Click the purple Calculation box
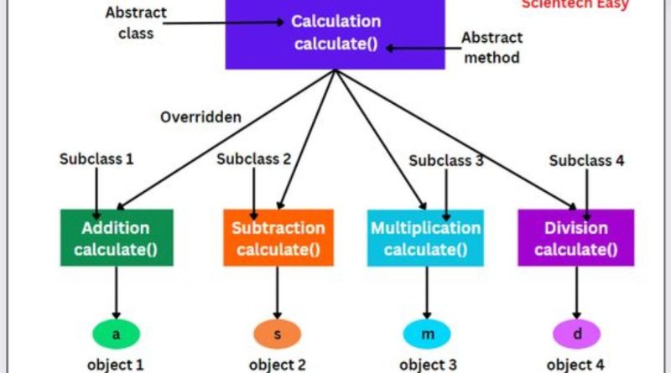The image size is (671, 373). pyautogui.click(x=335, y=34)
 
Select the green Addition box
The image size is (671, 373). pyautogui.click(x=116, y=237)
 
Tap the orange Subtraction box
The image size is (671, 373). pyautogui.click(x=278, y=237)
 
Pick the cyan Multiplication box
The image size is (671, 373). pyautogui.click(x=425, y=237)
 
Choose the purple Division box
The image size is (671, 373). pyautogui.click(x=575, y=237)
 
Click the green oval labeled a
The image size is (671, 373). pyautogui.click(x=117, y=334)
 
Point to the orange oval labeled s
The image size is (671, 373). pyautogui.click(x=278, y=334)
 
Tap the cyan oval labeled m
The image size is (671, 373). pyautogui.click(x=428, y=334)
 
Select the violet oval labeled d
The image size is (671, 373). pyautogui.click(x=576, y=334)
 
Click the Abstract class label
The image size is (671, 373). pyautogui.click(x=137, y=23)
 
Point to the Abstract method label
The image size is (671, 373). pyautogui.click(x=492, y=48)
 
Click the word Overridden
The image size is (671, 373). pyautogui.click(x=201, y=117)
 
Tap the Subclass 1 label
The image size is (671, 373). pyautogui.click(x=97, y=158)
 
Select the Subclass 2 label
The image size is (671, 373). pyautogui.click(x=254, y=158)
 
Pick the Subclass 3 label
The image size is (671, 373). pyautogui.click(x=445, y=160)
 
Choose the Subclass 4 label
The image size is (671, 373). pyautogui.click(x=587, y=160)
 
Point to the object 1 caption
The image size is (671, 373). pyautogui.click(x=116, y=365)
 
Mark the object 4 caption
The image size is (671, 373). pyautogui.click(x=575, y=365)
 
